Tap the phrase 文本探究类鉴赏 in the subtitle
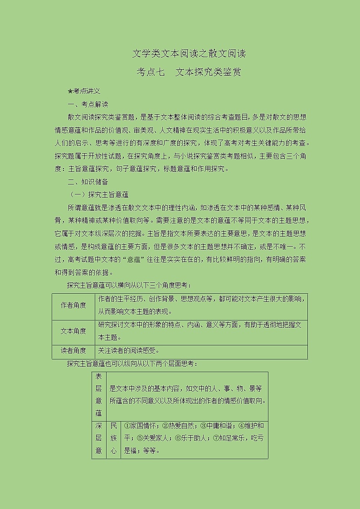pos(208,72)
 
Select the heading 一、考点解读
pos(88,104)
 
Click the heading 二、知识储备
pos(88,182)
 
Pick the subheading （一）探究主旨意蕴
pos(99,195)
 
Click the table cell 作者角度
pos(74,305)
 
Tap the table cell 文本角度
pos(74,331)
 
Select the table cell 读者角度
pos(74,350)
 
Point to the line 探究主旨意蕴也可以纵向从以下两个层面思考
pos(132,364)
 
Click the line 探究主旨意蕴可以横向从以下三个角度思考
pos(129,286)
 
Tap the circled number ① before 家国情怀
pos(126,426)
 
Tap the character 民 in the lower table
pos(113,426)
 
